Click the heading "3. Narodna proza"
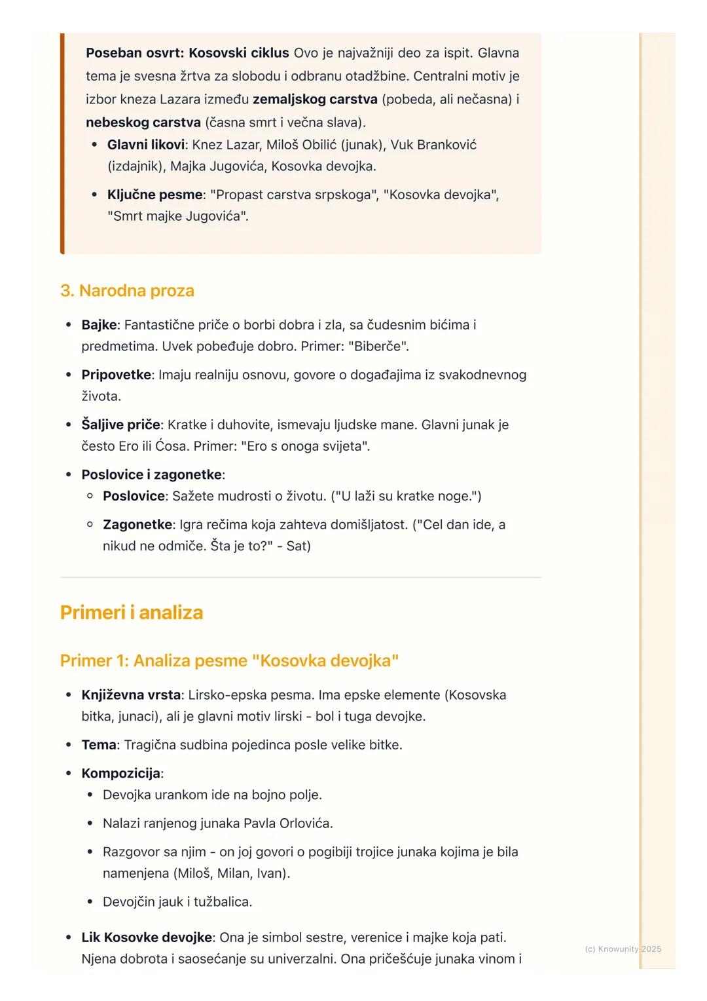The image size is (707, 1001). pyautogui.click(x=127, y=291)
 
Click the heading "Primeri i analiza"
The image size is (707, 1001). pyautogui.click(x=131, y=613)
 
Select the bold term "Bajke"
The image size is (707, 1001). pyautogui.click(x=99, y=325)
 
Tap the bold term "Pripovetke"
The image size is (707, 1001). pyautogui.click(x=116, y=375)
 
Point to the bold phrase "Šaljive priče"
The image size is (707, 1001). pyautogui.click(x=120, y=425)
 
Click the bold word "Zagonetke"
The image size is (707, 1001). pyautogui.click(x=137, y=525)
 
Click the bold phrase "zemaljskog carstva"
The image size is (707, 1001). pyautogui.click(x=315, y=100)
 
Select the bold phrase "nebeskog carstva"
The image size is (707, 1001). pyautogui.click(x=143, y=123)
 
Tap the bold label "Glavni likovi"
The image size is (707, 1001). pyautogui.click(x=145, y=145)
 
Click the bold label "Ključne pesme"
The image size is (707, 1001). pyautogui.click(x=154, y=195)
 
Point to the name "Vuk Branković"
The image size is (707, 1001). pyautogui.click(x=433, y=145)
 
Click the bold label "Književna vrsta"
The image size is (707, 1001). pyautogui.click(x=131, y=695)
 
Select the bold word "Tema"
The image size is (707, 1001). pyautogui.click(x=99, y=745)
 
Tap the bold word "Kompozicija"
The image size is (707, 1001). pyautogui.click(x=121, y=774)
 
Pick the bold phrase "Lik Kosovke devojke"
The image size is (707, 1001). pyautogui.click(x=147, y=938)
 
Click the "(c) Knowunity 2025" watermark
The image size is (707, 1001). pyautogui.click(x=623, y=949)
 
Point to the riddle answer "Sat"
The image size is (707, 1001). pyautogui.click(x=298, y=546)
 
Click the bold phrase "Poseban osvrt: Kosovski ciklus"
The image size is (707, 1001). pyautogui.click(x=187, y=53)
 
